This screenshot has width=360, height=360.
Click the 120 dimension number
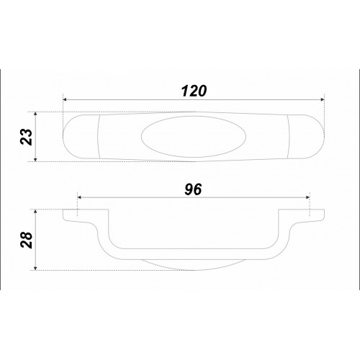coord(194,91)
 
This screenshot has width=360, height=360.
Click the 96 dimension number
coord(193,189)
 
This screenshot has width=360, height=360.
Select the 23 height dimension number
coord(27,137)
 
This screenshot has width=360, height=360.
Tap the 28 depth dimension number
coord(27,240)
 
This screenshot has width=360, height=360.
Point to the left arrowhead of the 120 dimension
coord(64,99)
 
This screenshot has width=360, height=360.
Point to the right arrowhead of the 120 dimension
coord(323,99)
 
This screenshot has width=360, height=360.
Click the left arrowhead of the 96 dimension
coord(79,197)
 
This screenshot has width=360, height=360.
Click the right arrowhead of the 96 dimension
coord(308,197)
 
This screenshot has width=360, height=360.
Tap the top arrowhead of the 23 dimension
coord(35,114)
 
